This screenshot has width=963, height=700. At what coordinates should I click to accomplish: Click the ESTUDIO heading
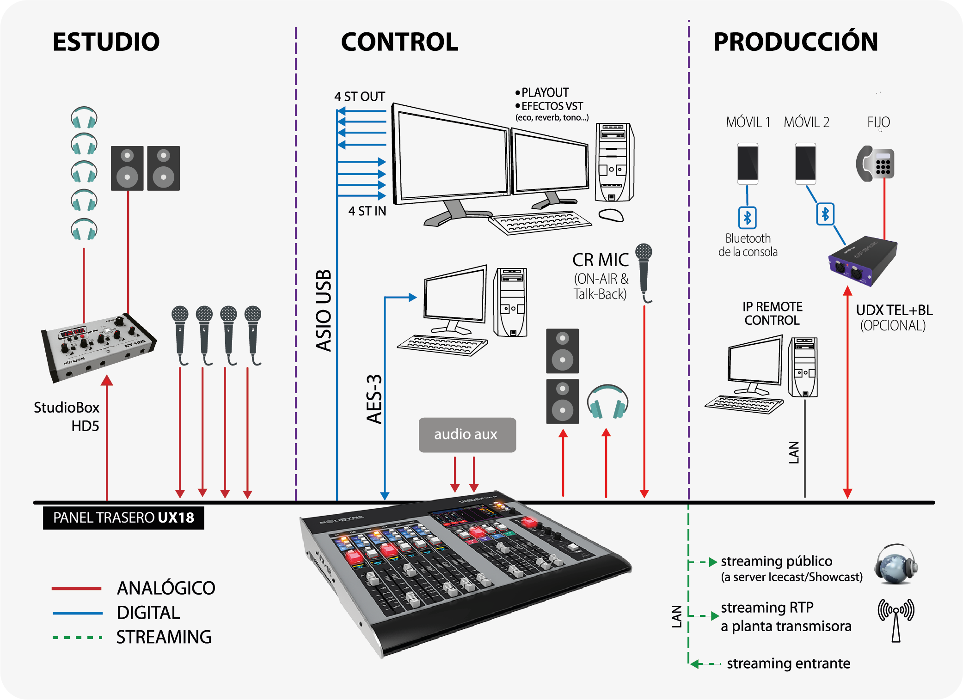click(x=106, y=42)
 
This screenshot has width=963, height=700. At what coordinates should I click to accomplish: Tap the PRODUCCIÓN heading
click(x=795, y=42)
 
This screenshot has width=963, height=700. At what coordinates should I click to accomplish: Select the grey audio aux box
click(x=467, y=435)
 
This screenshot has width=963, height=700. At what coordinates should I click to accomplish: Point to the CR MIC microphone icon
click(x=644, y=272)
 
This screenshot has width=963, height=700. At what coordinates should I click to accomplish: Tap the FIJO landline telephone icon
click(x=875, y=164)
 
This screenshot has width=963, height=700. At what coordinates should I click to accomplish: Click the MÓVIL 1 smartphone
click(x=748, y=164)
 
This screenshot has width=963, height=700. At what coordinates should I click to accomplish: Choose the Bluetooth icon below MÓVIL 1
click(x=747, y=218)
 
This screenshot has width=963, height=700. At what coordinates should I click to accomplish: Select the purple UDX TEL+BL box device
click(x=863, y=261)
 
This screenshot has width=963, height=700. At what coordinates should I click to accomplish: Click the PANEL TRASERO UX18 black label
click(x=123, y=517)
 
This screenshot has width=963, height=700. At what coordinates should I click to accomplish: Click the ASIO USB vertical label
click(x=324, y=310)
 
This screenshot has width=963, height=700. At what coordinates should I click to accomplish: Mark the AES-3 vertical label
click(x=374, y=399)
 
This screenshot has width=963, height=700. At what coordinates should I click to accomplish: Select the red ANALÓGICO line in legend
click(x=77, y=589)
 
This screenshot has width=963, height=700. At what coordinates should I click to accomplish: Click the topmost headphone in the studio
click(x=84, y=117)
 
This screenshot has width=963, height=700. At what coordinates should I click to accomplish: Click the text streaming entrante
click(x=788, y=663)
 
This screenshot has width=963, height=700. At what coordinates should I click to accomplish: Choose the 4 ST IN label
click(x=367, y=211)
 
